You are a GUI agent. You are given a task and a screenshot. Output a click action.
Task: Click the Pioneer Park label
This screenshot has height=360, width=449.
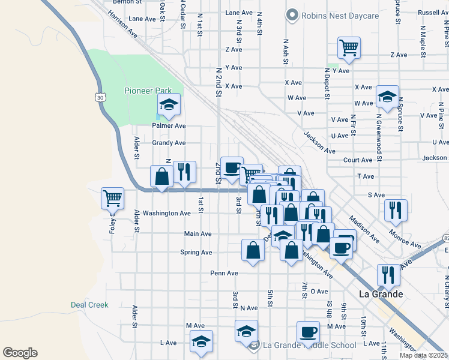click(148, 91)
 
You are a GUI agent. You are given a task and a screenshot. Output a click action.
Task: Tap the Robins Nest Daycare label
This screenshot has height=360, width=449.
click(333, 15)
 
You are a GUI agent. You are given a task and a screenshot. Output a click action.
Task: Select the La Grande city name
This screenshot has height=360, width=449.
click(380, 294)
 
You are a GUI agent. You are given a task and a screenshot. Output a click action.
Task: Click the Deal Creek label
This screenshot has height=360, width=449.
click(89, 305)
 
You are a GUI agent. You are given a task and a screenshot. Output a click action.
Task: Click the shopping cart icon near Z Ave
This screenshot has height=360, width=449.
click(349, 47)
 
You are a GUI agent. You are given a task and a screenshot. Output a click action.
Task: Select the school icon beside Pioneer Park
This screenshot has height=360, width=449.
click(169, 106)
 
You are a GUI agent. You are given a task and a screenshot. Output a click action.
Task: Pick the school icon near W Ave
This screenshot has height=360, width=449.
click(387, 97)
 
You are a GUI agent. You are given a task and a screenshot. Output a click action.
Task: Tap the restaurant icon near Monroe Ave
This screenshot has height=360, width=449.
click(396, 209)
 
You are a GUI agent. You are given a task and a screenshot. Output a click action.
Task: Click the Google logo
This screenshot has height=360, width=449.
click(20, 353)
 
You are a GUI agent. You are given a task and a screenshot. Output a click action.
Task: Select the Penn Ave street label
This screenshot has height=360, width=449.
click(224, 273)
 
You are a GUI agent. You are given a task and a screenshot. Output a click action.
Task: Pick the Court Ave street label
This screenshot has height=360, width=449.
click(358, 160)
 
